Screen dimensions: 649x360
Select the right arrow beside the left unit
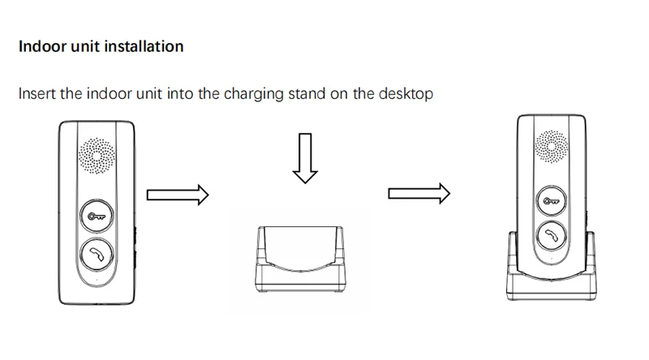178,195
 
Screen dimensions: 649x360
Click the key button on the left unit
98,216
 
